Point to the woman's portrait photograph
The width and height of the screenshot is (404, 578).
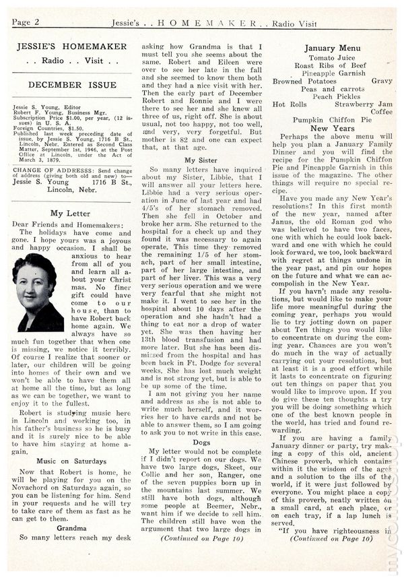(x=34, y=292)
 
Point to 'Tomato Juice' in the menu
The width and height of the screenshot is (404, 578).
(x=332, y=58)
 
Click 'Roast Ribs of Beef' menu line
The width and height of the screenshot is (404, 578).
(x=332, y=66)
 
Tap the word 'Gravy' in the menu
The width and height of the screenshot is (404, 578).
(x=381, y=81)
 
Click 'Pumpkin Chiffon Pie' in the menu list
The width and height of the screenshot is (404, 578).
(x=332, y=120)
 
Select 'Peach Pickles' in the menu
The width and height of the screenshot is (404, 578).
(x=332, y=96)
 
